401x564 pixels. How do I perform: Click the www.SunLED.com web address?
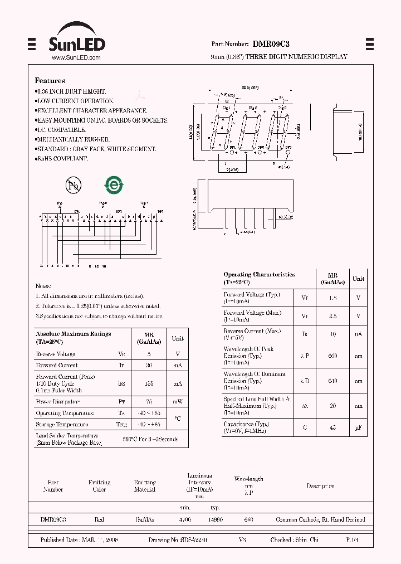point(76,57)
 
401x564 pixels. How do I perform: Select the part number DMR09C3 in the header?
point(271,43)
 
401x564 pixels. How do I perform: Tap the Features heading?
point(50,81)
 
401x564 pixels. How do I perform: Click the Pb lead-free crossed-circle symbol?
point(73,186)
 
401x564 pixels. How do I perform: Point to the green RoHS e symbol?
point(114,185)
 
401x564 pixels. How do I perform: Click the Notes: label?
point(43,285)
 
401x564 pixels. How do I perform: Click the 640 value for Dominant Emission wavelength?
point(333,381)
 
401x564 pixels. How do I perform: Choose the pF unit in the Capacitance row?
point(358,428)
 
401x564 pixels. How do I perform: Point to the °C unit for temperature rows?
point(177,419)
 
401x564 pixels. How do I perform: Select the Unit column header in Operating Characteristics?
point(358,279)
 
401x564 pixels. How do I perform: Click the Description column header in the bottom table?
point(320,486)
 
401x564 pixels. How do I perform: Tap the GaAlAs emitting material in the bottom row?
point(145,519)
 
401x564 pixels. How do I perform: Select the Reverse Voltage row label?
point(56,354)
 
